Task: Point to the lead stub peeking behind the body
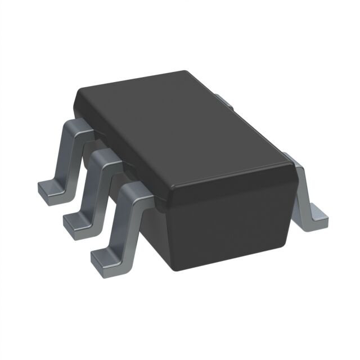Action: (224, 101)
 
